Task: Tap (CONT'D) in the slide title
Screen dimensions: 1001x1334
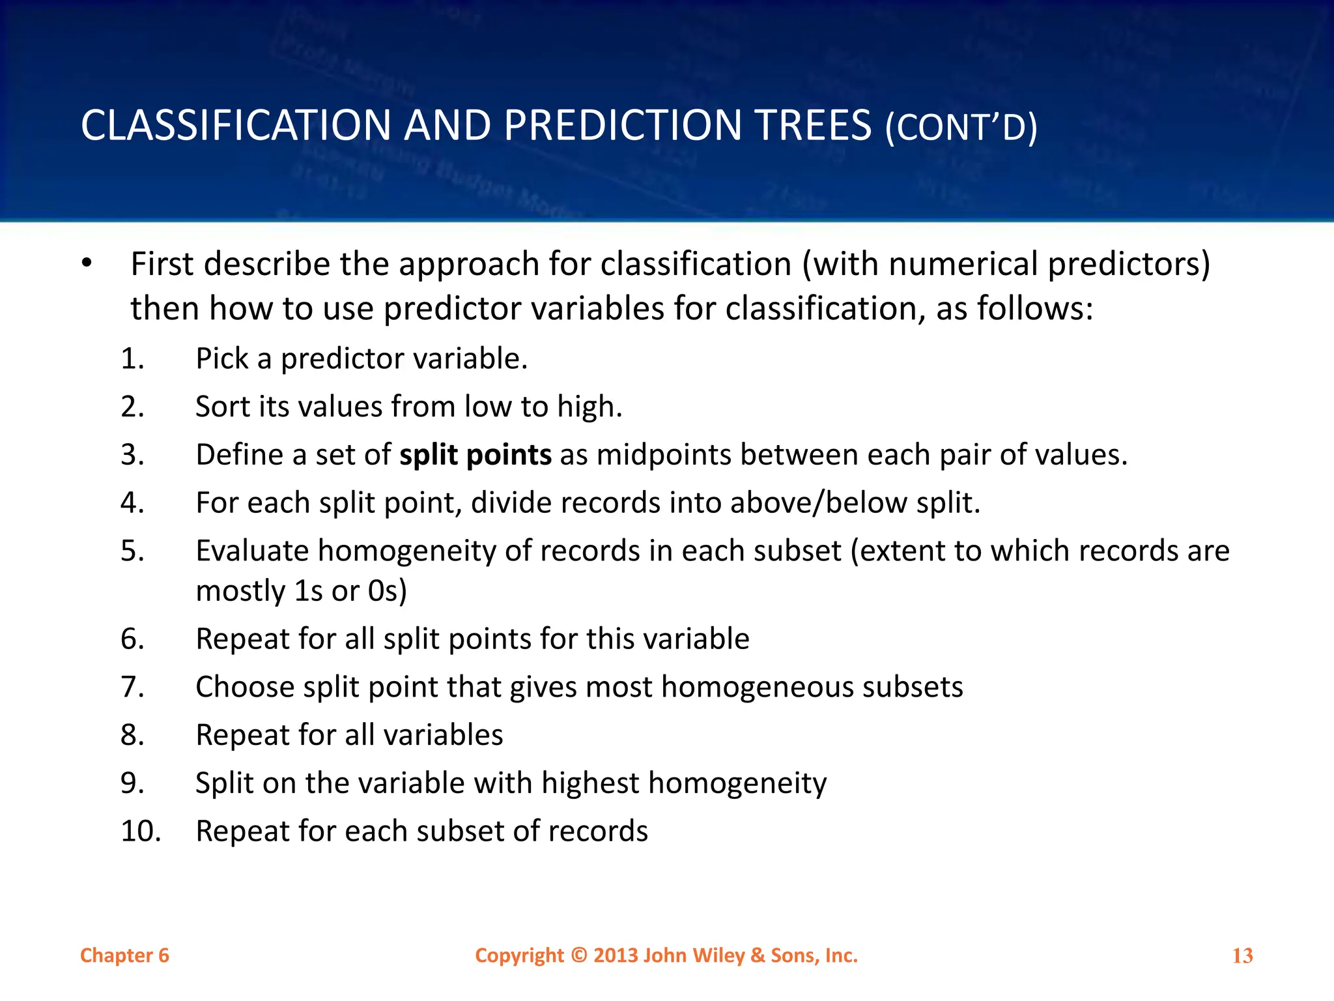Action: coord(961,128)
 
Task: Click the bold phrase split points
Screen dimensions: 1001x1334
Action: coord(475,455)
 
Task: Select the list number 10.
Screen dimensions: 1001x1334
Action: coord(141,832)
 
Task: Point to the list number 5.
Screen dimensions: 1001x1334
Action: coord(132,551)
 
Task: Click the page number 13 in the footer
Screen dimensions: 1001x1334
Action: coord(1242,956)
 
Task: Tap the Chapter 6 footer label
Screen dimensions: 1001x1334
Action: coord(124,956)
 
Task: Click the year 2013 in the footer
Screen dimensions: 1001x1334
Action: coord(616,955)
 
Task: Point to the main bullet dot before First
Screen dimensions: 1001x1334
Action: coord(87,265)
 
